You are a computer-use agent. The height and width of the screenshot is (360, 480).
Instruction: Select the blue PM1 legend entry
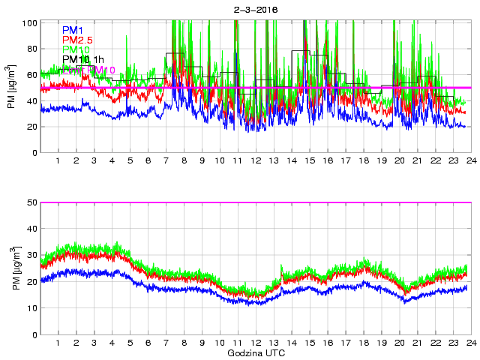(x=73, y=30)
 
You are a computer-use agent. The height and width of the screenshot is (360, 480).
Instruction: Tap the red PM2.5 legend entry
(x=78, y=40)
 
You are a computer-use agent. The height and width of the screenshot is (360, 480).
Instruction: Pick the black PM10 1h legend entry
(x=83, y=59)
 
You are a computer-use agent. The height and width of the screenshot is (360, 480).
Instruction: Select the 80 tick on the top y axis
(x=31, y=49)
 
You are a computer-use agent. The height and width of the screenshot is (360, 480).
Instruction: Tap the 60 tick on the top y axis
(x=31, y=75)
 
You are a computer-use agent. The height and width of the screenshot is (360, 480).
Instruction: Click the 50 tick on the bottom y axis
(x=31, y=203)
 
